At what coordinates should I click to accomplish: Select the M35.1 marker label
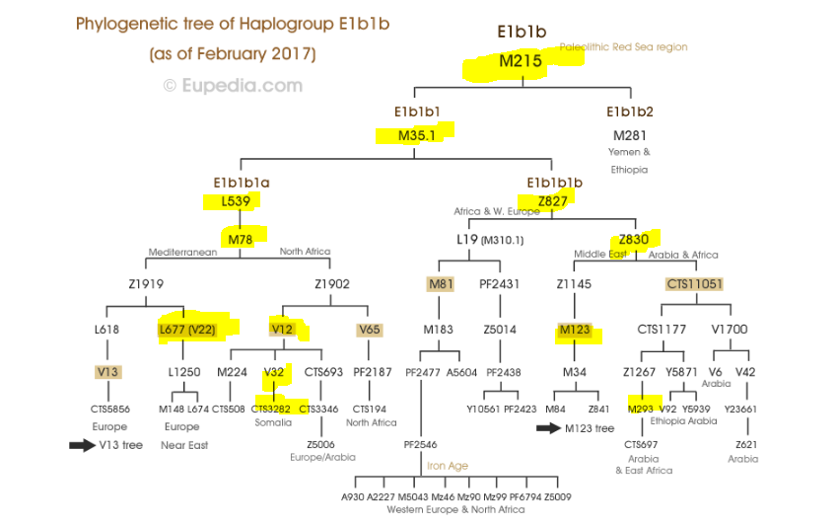point(417,134)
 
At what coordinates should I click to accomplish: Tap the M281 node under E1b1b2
point(630,135)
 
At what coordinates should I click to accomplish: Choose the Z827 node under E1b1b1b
point(553,201)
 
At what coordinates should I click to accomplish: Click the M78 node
point(241,239)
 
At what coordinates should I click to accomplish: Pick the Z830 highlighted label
point(634,239)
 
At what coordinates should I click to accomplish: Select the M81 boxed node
point(441,284)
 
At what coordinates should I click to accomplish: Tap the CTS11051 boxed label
point(695,284)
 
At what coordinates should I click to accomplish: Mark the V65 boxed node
point(370,329)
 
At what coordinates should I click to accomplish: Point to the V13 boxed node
point(108,371)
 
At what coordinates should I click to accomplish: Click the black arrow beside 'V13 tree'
point(83,445)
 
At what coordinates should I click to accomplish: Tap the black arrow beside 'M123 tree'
point(549,428)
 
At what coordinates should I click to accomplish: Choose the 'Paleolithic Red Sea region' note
point(624,47)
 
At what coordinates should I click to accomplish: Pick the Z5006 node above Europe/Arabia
point(322,444)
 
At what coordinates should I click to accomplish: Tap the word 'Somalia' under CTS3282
point(273,422)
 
